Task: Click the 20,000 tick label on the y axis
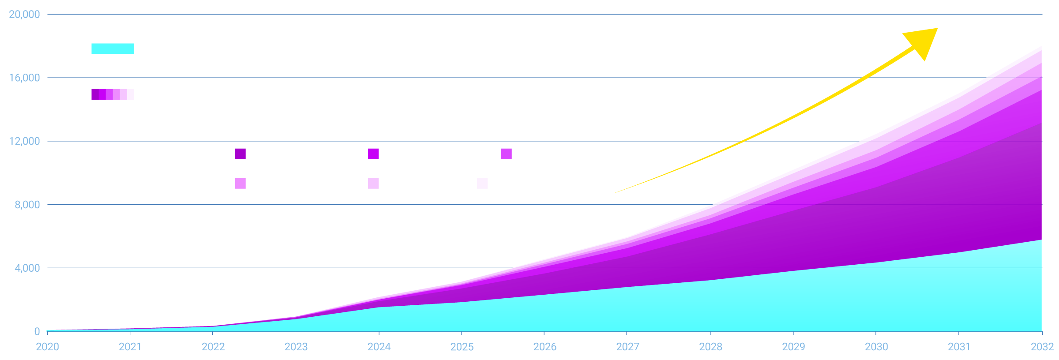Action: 24,15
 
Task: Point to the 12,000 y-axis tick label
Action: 24,141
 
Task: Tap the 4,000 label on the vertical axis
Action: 27,268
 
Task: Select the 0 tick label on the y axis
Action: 37,331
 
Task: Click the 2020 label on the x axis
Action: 47,347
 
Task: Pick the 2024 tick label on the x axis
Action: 379,347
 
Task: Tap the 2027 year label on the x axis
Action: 627,347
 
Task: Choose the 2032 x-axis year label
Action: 1042,347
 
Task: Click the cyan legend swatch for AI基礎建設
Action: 113,49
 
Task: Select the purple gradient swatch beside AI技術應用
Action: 113,94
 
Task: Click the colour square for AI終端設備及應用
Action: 240,154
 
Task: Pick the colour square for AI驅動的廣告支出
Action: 373,154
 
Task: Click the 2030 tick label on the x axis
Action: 876,347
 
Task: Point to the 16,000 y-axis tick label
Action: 24,78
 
